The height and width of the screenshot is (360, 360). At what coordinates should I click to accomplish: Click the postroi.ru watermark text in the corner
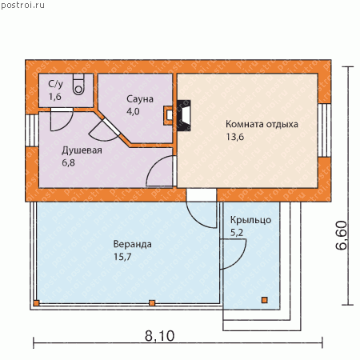(x=22, y=6)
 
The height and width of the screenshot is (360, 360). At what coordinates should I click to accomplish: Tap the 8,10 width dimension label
(x=159, y=336)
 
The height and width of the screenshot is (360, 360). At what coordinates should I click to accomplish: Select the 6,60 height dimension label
(x=342, y=235)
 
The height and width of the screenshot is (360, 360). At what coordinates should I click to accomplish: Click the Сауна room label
(x=140, y=99)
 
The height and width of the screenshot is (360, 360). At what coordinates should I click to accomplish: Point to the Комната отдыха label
(x=262, y=124)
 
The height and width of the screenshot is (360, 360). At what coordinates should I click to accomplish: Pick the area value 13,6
(x=234, y=137)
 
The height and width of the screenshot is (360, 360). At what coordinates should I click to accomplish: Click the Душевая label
(x=82, y=150)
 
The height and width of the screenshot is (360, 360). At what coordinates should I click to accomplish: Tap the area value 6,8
(x=68, y=162)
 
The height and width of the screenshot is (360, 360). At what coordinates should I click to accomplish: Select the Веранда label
(x=133, y=244)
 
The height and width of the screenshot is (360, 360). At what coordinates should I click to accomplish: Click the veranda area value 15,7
(x=122, y=257)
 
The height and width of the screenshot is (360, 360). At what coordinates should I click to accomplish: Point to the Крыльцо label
(x=250, y=220)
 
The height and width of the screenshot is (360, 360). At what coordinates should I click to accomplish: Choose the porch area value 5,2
(x=237, y=233)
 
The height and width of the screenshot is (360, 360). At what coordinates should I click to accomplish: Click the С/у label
(x=55, y=84)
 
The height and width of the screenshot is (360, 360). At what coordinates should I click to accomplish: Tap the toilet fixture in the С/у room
(x=78, y=85)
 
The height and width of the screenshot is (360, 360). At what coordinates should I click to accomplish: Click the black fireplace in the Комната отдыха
(x=184, y=115)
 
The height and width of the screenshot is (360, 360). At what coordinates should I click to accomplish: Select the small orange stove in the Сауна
(x=168, y=115)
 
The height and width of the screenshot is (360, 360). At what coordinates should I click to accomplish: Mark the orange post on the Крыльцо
(x=264, y=300)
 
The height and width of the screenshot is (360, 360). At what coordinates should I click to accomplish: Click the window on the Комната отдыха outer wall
(x=324, y=130)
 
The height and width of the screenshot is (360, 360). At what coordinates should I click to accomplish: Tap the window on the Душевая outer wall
(x=32, y=130)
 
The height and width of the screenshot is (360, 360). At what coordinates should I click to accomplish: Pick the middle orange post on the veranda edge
(x=152, y=303)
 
